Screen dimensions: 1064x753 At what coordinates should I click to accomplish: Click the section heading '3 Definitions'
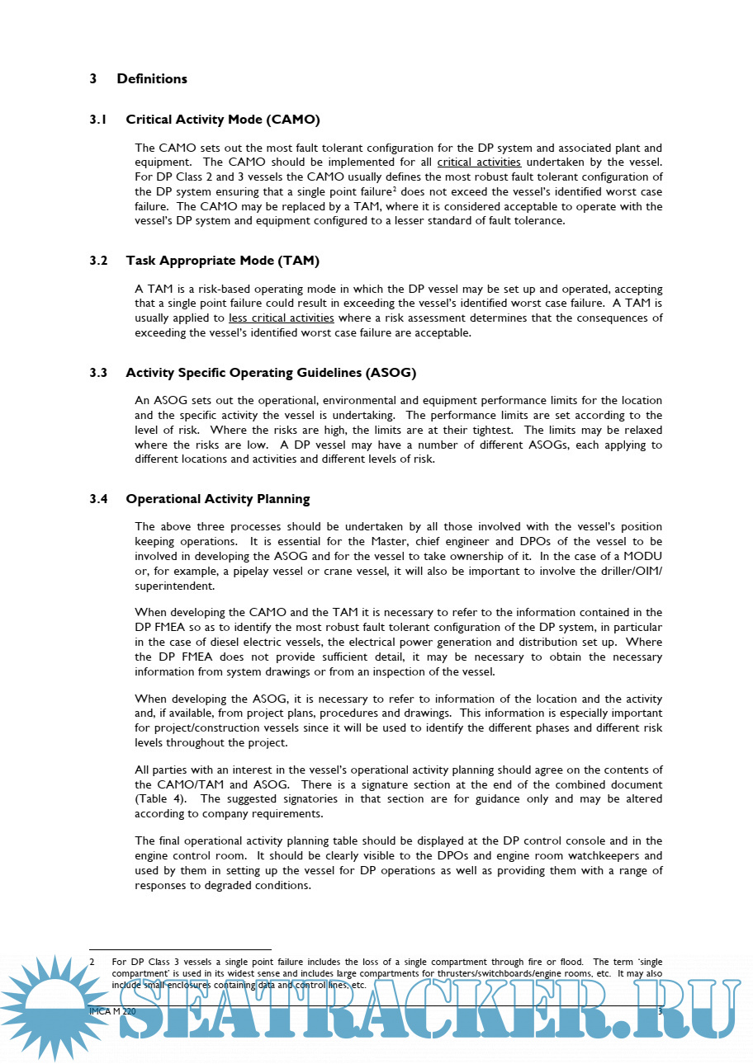pyautogui.click(x=139, y=79)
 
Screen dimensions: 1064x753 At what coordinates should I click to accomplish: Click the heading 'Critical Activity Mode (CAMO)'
pyautogui.click(x=223, y=120)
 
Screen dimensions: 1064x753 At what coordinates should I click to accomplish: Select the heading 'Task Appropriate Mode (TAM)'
pyautogui.click(x=222, y=261)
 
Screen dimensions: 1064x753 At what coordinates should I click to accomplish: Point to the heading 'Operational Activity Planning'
pyautogui.click(x=218, y=499)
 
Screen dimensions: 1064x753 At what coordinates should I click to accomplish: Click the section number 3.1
pyautogui.click(x=98, y=120)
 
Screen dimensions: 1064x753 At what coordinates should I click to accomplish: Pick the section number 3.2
pyautogui.click(x=98, y=261)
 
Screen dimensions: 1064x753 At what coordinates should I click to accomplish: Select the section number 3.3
pyautogui.click(x=98, y=373)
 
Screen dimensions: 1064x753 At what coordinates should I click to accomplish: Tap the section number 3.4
pyautogui.click(x=98, y=499)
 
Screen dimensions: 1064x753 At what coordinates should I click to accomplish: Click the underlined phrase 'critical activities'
pyautogui.click(x=479, y=162)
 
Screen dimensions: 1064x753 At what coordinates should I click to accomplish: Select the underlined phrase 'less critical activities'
pyautogui.click(x=282, y=318)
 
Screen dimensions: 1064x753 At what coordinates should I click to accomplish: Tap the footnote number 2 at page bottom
pyautogui.click(x=92, y=962)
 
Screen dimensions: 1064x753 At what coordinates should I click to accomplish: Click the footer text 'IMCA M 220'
pyautogui.click(x=112, y=1011)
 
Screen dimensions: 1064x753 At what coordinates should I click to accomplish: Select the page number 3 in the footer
pyautogui.click(x=660, y=1011)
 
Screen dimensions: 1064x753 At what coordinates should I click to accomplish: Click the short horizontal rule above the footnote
pyautogui.click(x=180, y=950)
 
